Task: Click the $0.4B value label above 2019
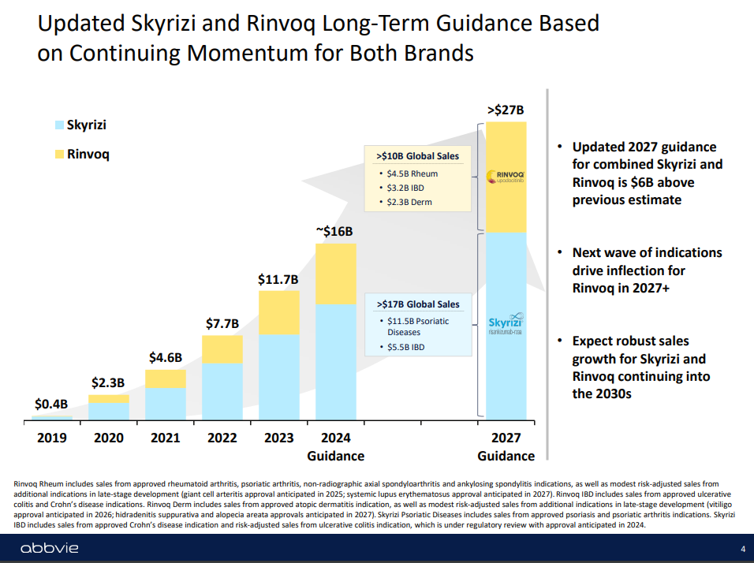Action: click(x=52, y=404)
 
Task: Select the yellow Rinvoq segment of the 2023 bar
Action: click(x=278, y=313)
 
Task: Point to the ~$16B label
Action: click(x=335, y=232)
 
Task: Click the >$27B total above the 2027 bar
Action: click(x=505, y=110)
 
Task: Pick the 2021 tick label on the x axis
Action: click(x=165, y=438)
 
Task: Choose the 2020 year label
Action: click(x=108, y=438)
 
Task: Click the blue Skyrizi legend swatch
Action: click(x=59, y=125)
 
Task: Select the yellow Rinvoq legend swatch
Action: click(x=59, y=155)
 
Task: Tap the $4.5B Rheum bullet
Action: click(x=412, y=173)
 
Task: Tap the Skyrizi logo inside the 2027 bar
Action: click(x=506, y=326)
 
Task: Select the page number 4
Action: click(x=742, y=549)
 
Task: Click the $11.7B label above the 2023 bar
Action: click(x=278, y=279)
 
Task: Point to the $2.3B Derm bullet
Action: click(x=410, y=202)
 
